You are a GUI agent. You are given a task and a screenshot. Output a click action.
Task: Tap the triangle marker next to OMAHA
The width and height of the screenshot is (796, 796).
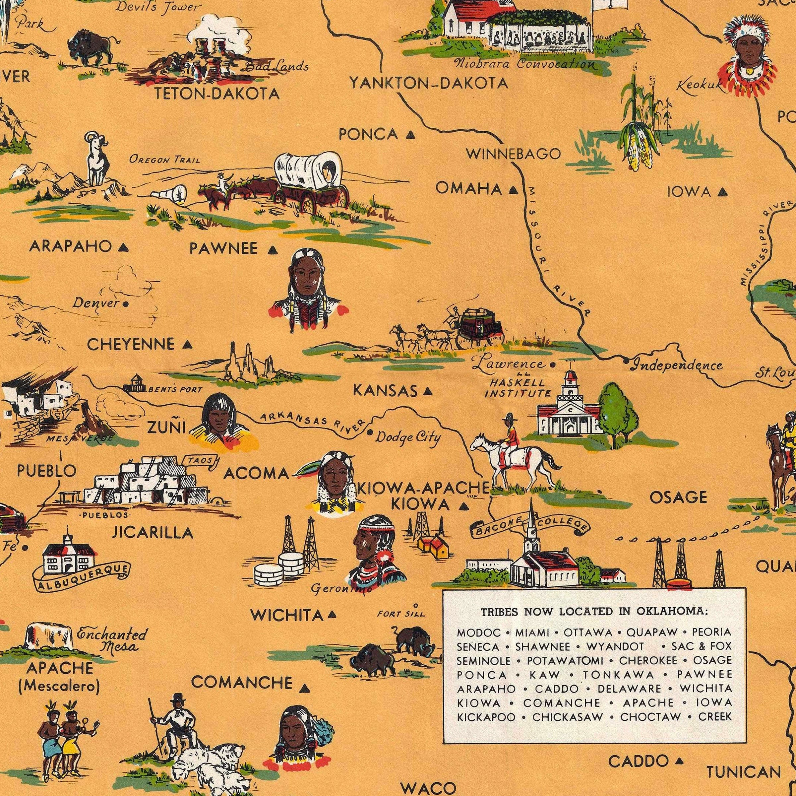(x=513, y=190)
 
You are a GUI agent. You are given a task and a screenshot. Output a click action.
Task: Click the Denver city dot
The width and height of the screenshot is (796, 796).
(x=125, y=304)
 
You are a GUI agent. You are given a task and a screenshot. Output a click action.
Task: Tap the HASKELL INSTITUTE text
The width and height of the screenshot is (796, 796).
(x=517, y=388)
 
